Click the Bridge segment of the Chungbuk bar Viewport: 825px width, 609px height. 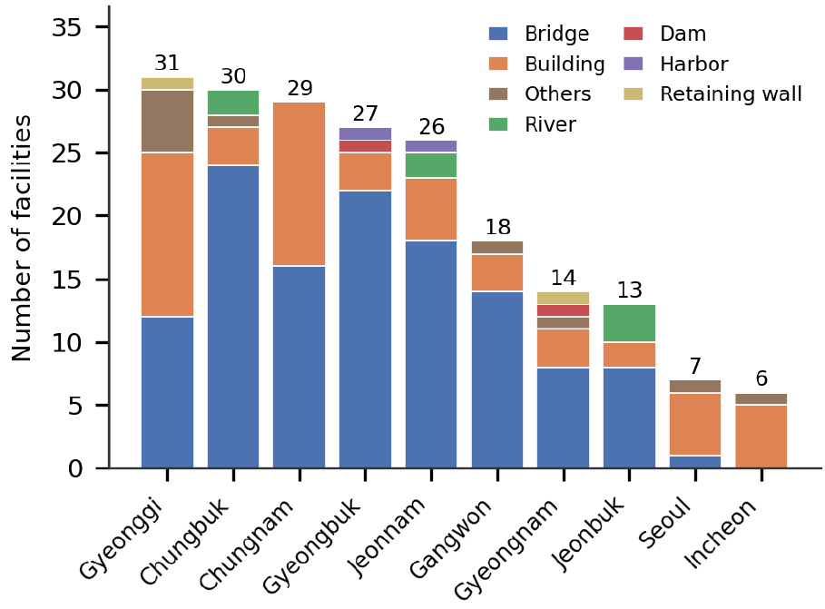[x=233, y=317]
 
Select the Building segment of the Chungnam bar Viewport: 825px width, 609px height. [x=300, y=184]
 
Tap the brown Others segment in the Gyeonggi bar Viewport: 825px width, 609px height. [x=167, y=122]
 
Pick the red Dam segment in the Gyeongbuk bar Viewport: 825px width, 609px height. [x=365, y=146]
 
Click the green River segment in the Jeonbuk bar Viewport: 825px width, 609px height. [x=629, y=324]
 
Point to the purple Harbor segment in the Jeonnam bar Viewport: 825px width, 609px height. [x=431, y=146]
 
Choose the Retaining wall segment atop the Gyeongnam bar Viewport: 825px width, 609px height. [x=563, y=298]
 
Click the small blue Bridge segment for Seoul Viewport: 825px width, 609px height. [x=695, y=462]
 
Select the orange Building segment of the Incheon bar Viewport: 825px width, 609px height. [x=761, y=437]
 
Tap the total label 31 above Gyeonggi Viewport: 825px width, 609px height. [x=167, y=64]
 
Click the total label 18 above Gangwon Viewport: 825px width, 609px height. [x=497, y=228]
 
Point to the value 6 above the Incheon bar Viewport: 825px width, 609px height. [x=761, y=378]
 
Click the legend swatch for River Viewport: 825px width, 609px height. [x=498, y=124]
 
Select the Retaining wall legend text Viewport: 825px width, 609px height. [x=731, y=94]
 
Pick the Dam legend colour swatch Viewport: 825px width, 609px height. [x=633, y=34]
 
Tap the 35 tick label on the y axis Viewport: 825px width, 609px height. [x=67, y=27]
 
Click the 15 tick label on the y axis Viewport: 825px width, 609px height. [x=67, y=280]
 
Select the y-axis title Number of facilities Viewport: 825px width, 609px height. [x=21, y=238]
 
